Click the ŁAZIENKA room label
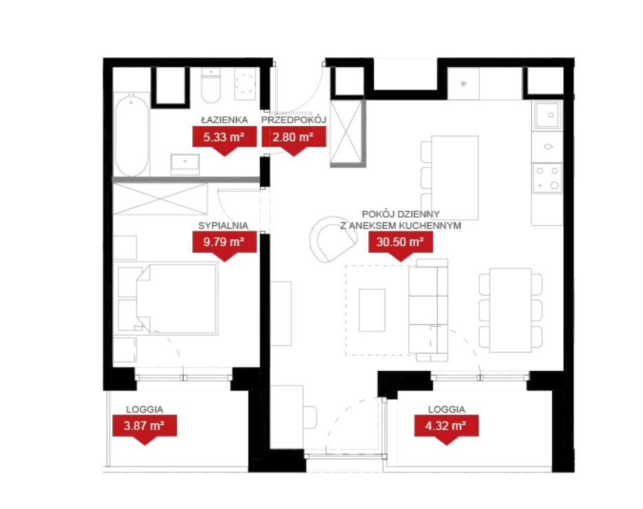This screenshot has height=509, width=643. (224, 120)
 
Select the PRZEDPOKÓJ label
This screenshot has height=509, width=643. (293, 120)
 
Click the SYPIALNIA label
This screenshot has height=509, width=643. (223, 226)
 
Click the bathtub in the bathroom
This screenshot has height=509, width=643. (131, 135)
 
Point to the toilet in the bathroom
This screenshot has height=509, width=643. (211, 85)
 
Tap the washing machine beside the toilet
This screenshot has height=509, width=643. (245, 83)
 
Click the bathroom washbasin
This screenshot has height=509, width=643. (185, 164)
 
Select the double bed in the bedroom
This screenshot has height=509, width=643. (176, 299)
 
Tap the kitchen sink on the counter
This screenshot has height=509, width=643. (547, 115)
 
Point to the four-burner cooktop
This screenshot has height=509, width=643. (547, 178)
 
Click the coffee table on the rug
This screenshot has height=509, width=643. (372, 310)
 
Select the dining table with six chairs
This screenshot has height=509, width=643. (511, 310)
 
